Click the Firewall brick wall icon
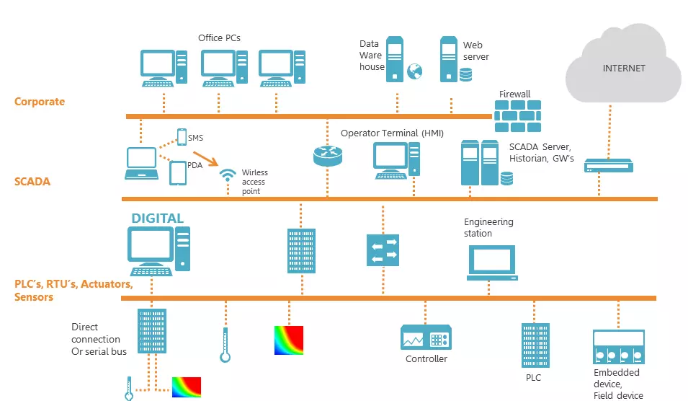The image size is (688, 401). (518, 116)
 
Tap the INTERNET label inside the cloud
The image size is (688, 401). (623, 68)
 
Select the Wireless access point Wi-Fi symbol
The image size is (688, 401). (227, 175)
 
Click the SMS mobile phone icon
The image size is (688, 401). (182, 137)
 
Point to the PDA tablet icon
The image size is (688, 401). (178, 173)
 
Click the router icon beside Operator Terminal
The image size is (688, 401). (328, 156)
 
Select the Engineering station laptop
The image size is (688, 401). (492, 263)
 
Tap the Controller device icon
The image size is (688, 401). (426, 338)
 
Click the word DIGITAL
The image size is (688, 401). (158, 219)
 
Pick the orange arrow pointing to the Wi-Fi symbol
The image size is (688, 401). (205, 159)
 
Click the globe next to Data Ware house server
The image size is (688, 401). (415, 71)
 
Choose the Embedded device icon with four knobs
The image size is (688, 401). (619, 347)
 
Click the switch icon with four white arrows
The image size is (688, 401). (383, 250)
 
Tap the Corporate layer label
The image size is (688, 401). (40, 102)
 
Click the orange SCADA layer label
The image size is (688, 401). (32, 182)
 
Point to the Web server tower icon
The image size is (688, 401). (449, 59)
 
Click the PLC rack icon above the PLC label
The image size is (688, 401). (535, 345)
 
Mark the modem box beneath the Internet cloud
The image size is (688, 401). (609, 166)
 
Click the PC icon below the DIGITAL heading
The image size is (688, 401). (158, 251)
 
